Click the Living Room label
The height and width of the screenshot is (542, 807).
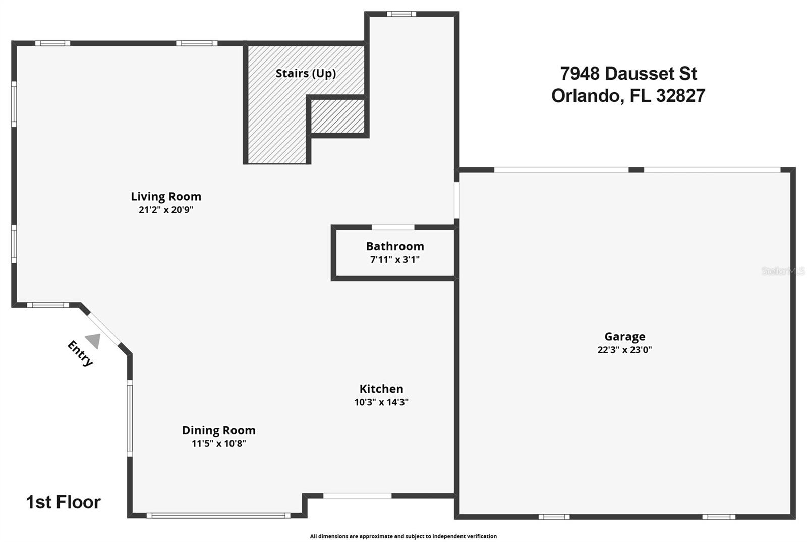166,196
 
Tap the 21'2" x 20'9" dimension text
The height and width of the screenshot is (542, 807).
166,210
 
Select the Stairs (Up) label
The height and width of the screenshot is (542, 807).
306,73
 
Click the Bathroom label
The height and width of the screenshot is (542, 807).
395,246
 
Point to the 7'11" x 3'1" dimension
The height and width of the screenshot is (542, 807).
395,260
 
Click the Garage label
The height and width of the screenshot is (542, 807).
624,336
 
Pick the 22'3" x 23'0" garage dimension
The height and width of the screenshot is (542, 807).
624,350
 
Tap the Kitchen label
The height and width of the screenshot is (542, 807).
381,389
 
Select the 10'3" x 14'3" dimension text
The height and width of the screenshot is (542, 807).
381,402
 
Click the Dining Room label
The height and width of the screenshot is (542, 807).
218,430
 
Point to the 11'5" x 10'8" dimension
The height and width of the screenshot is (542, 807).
218,444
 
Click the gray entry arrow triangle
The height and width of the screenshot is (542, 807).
94,341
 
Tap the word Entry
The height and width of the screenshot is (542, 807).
80,353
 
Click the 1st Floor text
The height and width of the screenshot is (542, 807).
63,502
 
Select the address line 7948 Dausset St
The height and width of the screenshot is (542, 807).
628,74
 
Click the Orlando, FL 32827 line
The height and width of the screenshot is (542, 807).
628,96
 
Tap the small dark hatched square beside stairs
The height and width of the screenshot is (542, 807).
337,116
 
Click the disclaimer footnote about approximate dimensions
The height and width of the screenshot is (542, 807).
403,536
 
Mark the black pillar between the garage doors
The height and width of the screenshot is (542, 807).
637,170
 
